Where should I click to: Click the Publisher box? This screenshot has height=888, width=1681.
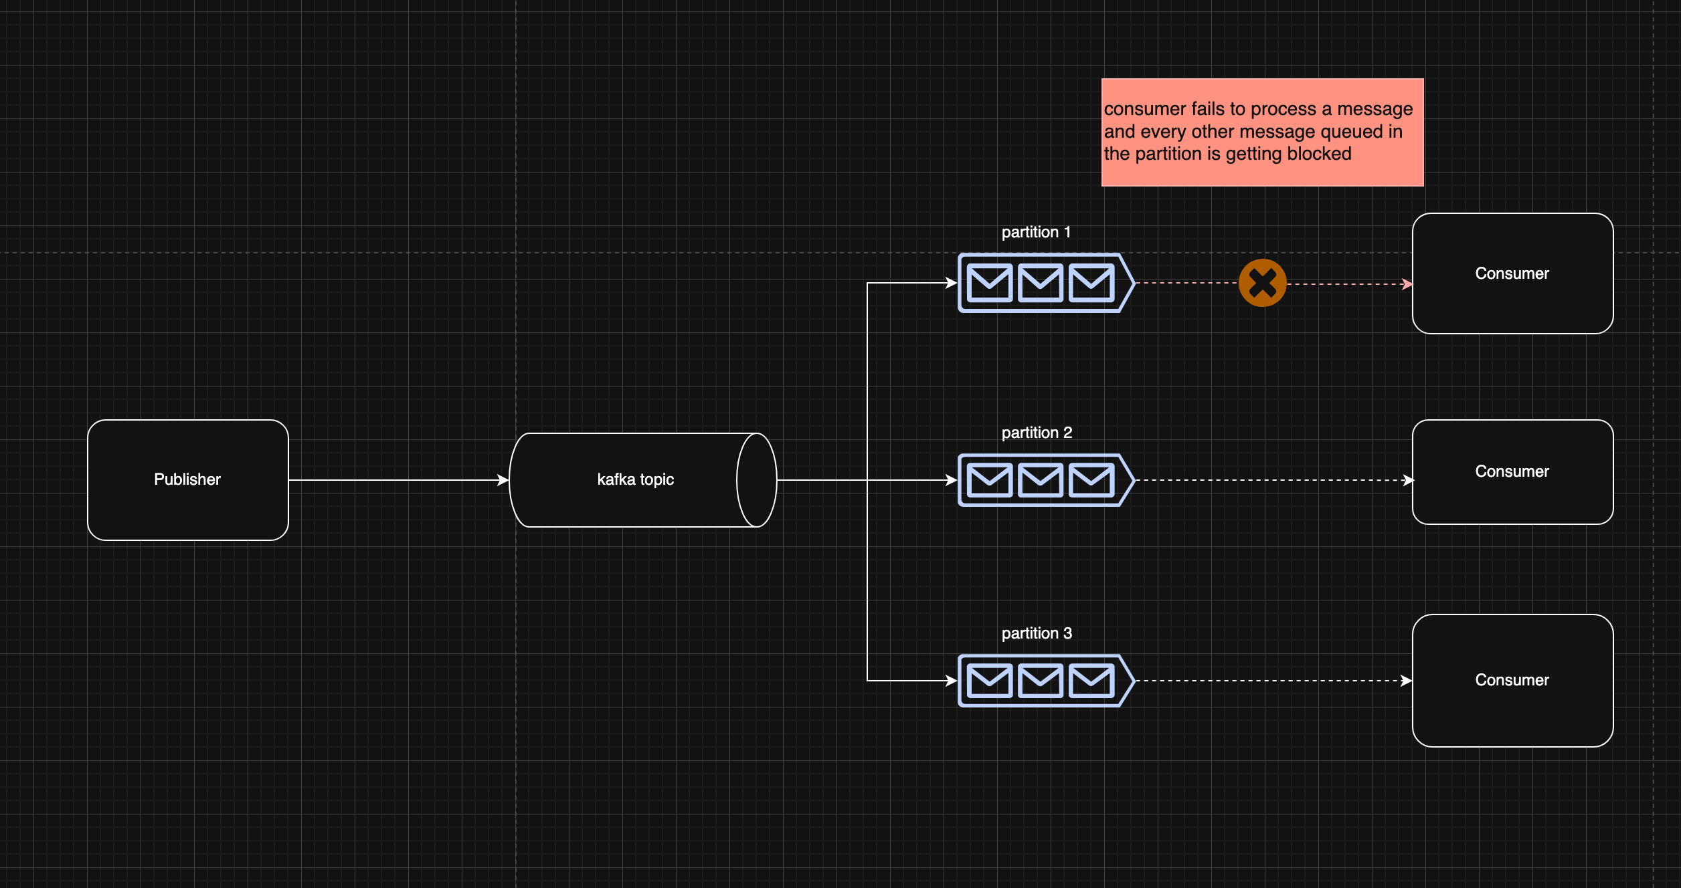[188, 480]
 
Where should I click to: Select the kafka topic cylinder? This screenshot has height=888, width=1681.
[643, 480]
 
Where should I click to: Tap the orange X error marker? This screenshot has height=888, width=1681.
[1263, 283]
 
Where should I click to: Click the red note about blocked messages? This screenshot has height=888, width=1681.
[1263, 132]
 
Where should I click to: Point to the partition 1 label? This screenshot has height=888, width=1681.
[1036, 232]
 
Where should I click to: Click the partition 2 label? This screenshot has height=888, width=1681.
[1037, 433]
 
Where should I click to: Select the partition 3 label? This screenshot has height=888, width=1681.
[1037, 633]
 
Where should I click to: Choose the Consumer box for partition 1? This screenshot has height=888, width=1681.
[1513, 273]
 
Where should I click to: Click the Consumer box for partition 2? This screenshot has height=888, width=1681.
[1513, 472]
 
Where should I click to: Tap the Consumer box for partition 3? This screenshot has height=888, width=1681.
[1513, 681]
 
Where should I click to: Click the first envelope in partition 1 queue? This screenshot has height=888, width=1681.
[990, 283]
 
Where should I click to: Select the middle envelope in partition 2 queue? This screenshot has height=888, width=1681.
[1041, 480]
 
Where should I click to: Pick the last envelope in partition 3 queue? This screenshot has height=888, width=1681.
[1091, 681]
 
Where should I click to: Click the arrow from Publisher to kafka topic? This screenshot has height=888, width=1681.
[399, 480]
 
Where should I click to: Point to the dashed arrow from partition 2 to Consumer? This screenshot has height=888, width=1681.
[1275, 480]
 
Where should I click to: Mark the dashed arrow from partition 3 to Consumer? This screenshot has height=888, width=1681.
[1275, 681]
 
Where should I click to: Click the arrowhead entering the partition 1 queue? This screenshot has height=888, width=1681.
[952, 283]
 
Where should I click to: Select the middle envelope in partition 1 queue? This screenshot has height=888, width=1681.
[1041, 283]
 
